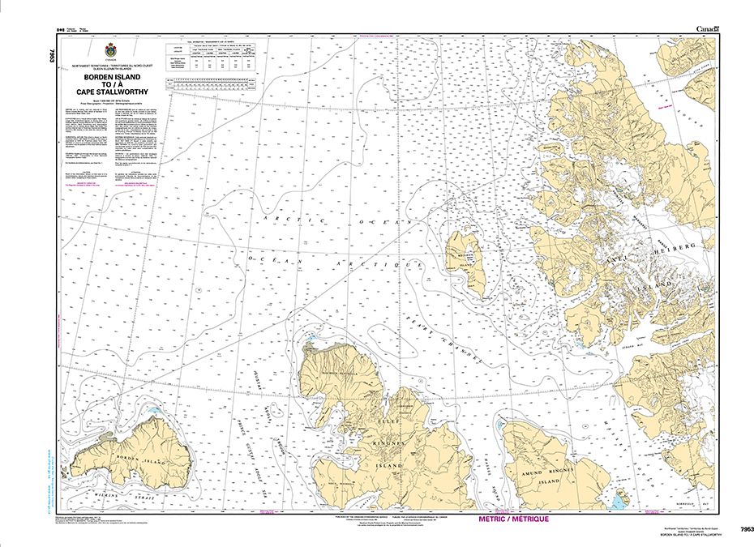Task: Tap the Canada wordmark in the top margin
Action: pos(707,29)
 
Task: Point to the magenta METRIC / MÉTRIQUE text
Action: pos(514,519)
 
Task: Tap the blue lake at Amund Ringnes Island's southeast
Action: pos(619,501)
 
